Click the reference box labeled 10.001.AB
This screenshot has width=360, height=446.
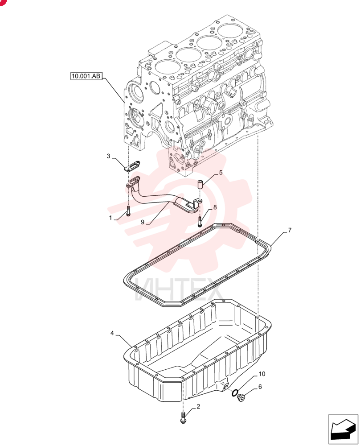[x=86, y=76]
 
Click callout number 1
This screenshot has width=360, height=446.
[x=110, y=218]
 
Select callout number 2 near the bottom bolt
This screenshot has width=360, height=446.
[x=198, y=406]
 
